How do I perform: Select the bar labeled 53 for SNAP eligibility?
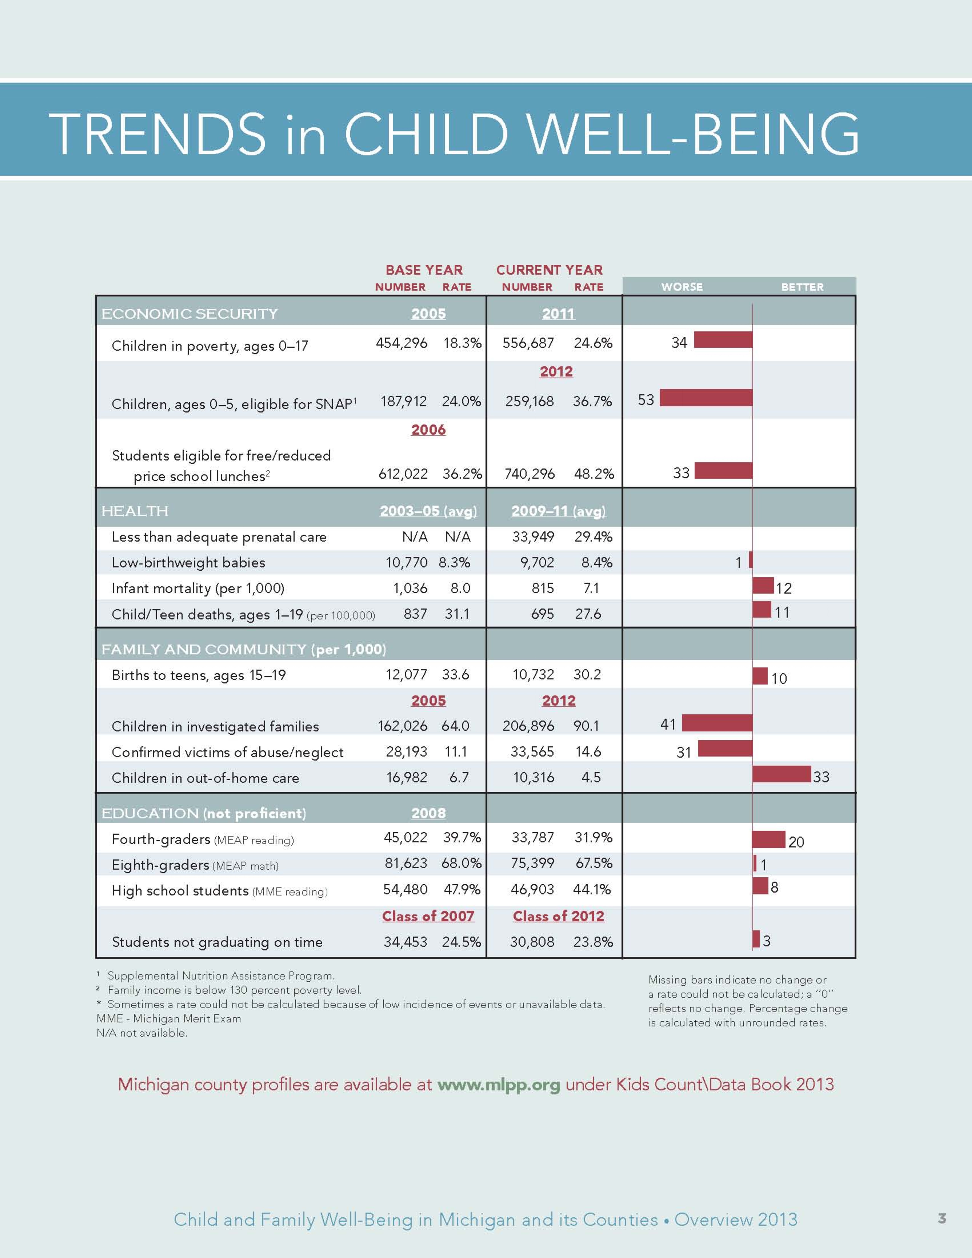click(706, 397)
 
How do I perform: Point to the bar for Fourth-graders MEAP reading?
click(769, 839)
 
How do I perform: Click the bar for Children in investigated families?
click(717, 723)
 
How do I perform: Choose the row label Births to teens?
click(199, 675)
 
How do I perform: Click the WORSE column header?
click(682, 287)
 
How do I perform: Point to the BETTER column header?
click(802, 287)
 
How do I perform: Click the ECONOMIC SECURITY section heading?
click(190, 314)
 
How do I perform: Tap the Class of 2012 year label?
click(558, 916)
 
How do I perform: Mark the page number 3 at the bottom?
click(942, 1218)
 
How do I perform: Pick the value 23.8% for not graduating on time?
click(593, 942)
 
